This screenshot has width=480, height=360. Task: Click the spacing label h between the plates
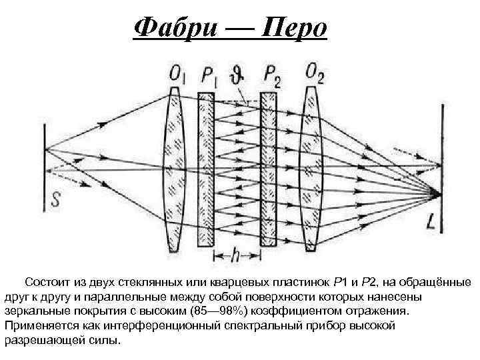click(235, 255)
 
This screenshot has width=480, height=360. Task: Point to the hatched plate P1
click(205, 170)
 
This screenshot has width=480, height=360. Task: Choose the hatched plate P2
click(268, 170)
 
